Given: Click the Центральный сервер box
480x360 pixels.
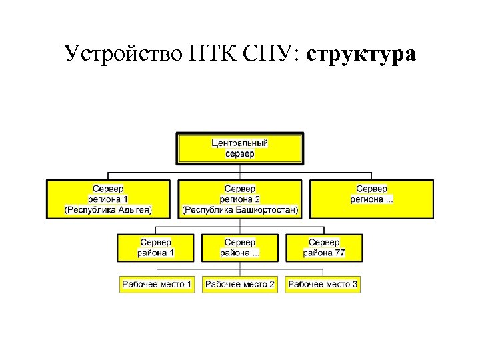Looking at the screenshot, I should (239, 148).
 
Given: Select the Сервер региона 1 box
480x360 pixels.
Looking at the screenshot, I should (108, 199).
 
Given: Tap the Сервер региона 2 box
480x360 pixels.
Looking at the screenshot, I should (240, 199).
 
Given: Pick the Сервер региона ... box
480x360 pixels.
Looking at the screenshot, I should (371, 199).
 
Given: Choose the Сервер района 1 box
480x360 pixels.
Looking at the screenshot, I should (155, 247).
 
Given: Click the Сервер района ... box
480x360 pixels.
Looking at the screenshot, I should (240, 247).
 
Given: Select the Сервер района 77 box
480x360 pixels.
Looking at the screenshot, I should (324, 247).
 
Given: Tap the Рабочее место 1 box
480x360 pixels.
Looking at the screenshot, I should (157, 284).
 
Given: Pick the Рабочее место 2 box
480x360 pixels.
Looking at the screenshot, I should (240, 284).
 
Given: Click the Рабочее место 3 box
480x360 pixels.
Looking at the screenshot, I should (323, 284).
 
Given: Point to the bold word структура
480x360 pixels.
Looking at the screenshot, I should (361, 53).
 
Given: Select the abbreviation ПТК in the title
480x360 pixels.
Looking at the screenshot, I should (208, 53).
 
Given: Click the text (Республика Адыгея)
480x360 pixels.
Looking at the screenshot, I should (108, 209).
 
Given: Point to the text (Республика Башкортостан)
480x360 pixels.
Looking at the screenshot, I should (240, 209).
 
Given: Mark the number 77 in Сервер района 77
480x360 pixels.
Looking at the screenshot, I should (339, 253).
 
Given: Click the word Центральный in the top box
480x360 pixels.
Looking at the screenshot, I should (239, 143).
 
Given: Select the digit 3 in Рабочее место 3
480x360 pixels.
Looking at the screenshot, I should (355, 284).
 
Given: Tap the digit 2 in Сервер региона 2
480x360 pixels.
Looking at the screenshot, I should (257, 199).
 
